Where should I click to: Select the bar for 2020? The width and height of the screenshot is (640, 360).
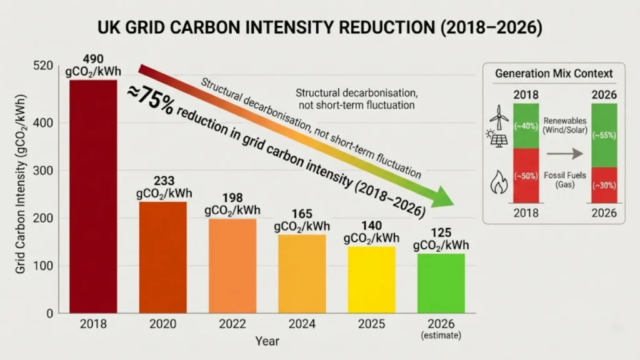click(162, 257)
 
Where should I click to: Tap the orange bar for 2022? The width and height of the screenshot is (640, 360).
click(232, 265)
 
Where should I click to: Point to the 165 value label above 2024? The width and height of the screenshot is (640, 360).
click(301, 214)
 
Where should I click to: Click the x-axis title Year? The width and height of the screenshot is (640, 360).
click(267, 341)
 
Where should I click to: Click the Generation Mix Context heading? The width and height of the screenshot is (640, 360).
click(554, 73)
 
